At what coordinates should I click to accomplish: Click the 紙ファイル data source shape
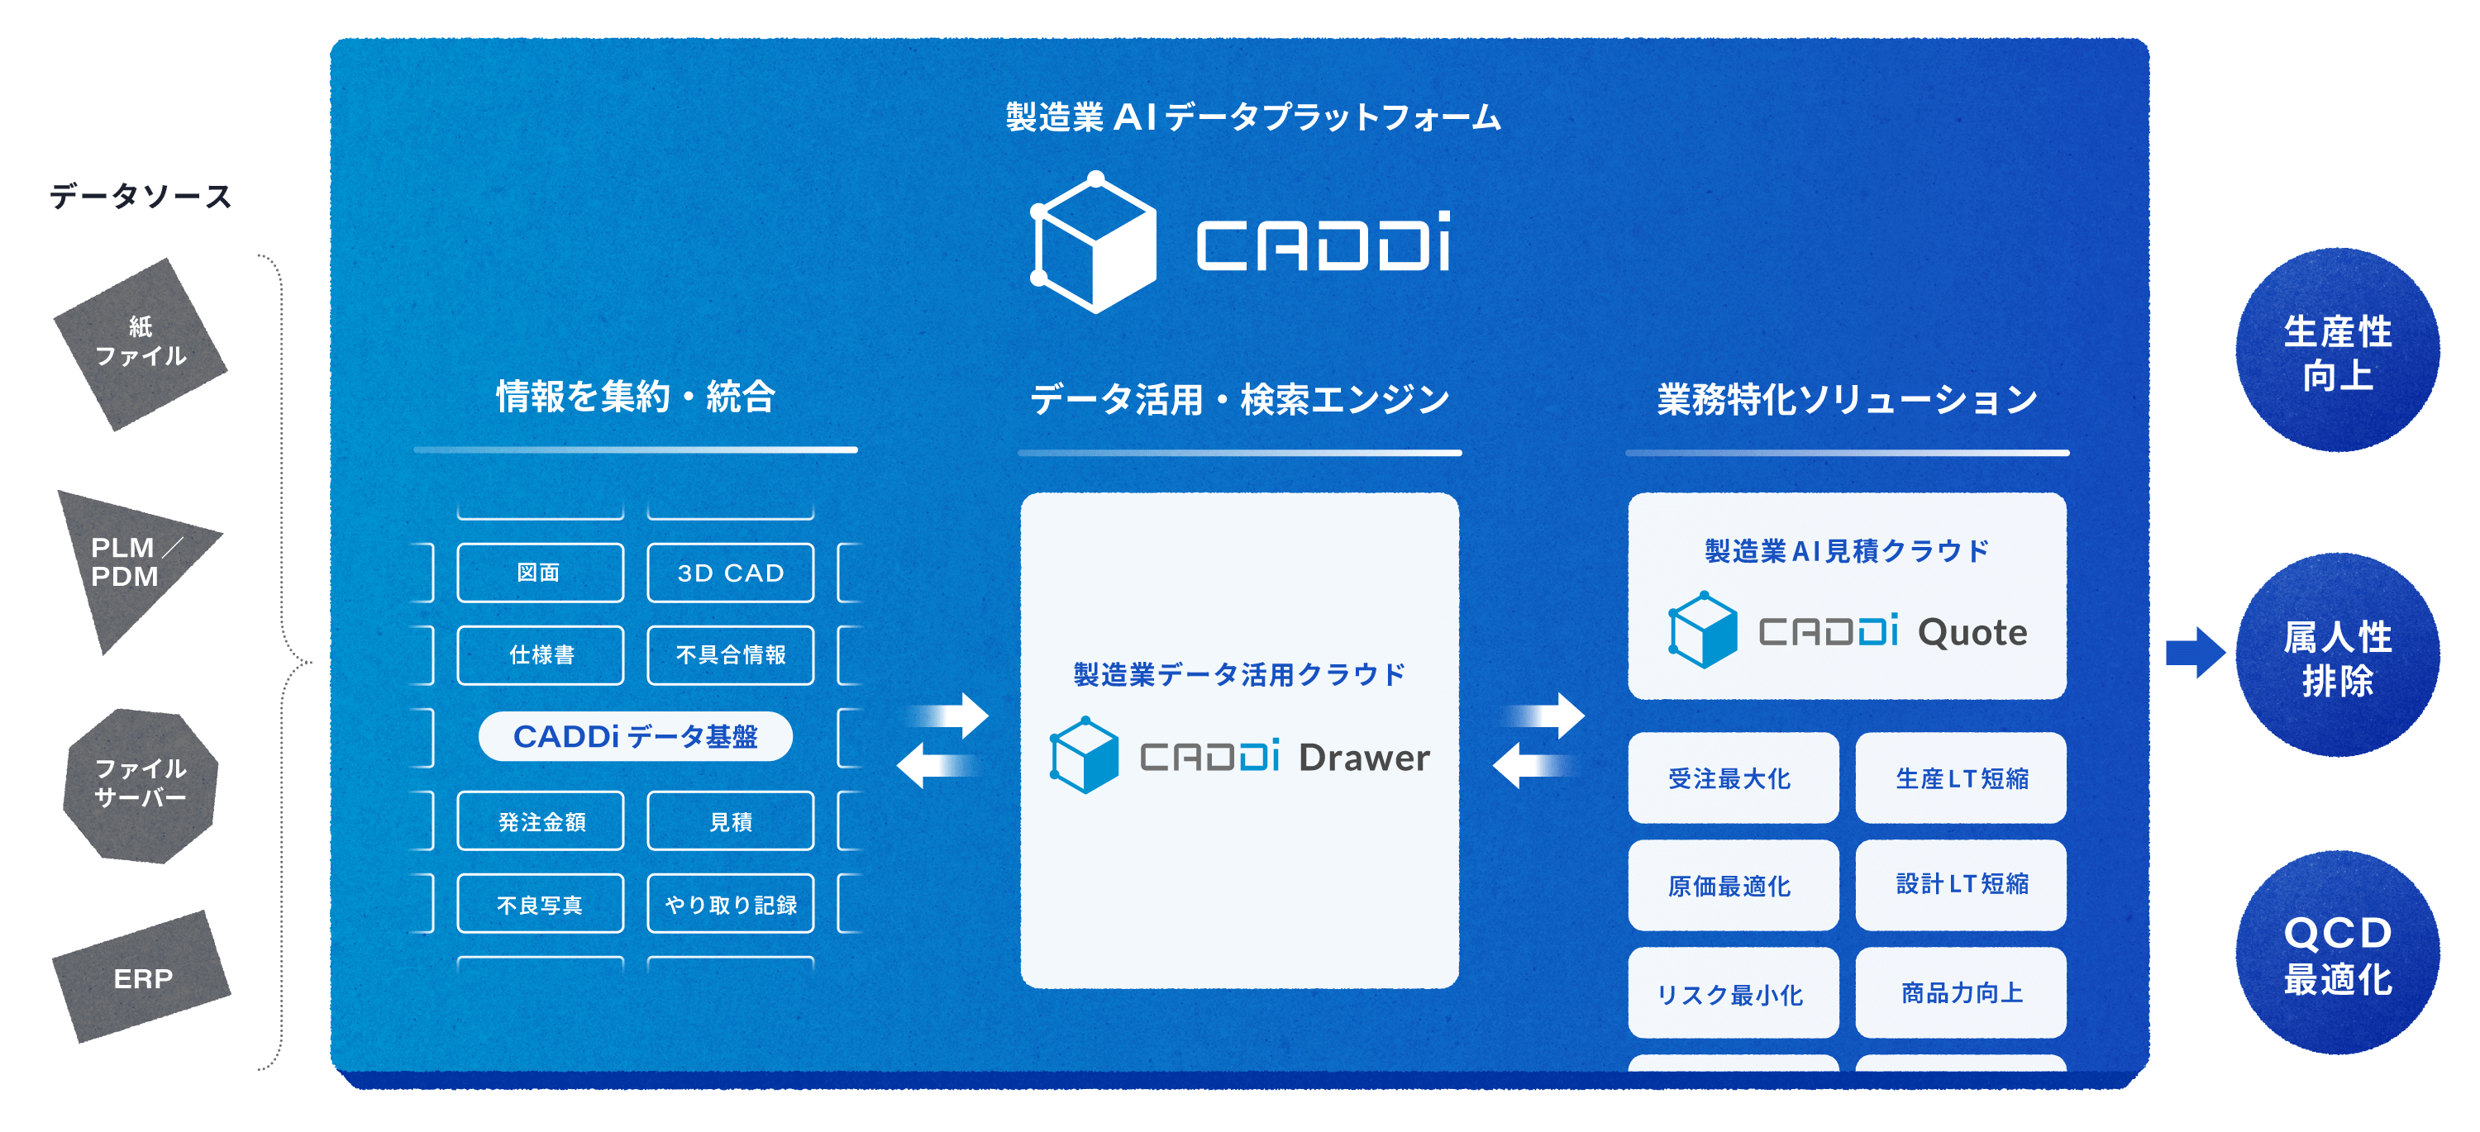coord(141,343)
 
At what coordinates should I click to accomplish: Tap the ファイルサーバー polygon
coord(141,783)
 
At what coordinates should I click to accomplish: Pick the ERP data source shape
coord(142,978)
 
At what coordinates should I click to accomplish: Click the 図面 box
coord(539,573)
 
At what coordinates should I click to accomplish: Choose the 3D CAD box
coord(731,573)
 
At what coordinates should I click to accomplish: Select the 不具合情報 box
coord(731,654)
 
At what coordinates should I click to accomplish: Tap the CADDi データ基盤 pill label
coord(636,736)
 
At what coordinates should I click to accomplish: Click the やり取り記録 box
coord(731,904)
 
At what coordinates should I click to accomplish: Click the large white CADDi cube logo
coord(1093,243)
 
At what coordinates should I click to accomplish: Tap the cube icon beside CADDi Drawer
coord(1084,755)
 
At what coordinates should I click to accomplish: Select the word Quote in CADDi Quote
coord(1972,632)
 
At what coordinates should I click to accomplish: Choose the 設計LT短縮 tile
coord(1961,883)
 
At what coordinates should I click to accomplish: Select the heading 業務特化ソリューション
coord(1847,398)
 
